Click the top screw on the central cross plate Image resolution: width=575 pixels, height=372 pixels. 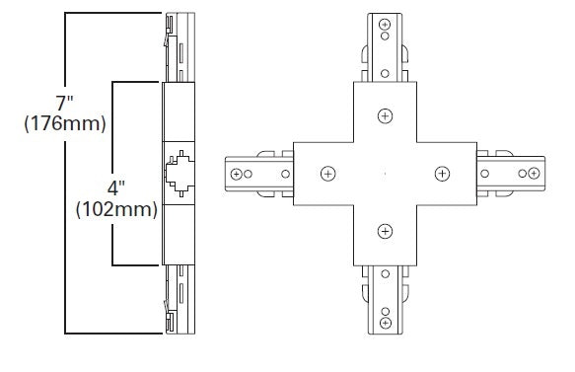pyautogui.click(x=384, y=116)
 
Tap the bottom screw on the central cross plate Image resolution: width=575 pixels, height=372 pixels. pyautogui.click(x=384, y=232)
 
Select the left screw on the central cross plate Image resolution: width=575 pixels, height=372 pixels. pyautogui.click(x=325, y=174)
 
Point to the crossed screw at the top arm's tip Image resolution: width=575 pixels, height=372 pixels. pyautogui.click(x=384, y=28)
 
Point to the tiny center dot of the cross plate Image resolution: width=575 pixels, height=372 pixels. pyautogui.click(x=384, y=175)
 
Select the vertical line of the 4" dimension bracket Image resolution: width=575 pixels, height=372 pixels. pyautogui.click(x=113, y=237)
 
